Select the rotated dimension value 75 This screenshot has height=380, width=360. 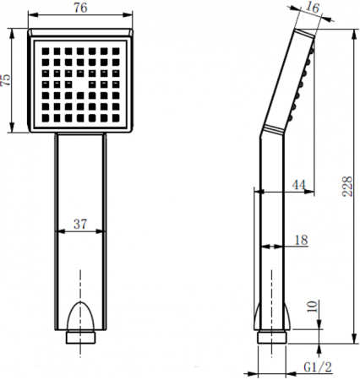(x=7, y=82)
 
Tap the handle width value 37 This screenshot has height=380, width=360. (x=80, y=224)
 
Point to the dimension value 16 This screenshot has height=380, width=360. (x=313, y=9)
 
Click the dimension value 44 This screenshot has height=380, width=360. (x=298, y=184)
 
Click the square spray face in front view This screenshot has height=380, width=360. (x=81, y=82)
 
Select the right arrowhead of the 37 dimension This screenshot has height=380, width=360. (x=104, y=232)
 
